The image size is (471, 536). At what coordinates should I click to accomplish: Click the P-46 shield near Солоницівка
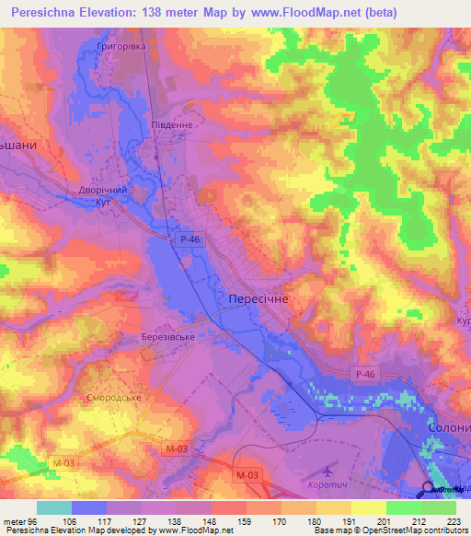[364, 373]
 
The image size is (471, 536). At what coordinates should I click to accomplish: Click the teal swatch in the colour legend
[54, 507]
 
